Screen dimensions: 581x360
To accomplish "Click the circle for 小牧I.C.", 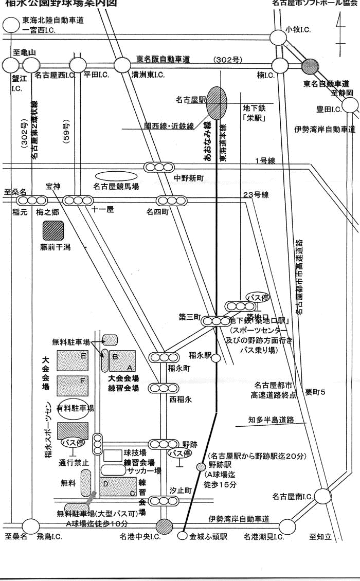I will pyautogui.click(x=279, y=37).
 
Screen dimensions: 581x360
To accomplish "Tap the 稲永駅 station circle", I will pyautogui.click(x=217, y=358).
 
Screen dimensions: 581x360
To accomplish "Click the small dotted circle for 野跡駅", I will pyautogui.click(x=201, y=466).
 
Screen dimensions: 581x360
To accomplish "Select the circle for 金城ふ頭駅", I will pyautogui.click(x=182, y=536).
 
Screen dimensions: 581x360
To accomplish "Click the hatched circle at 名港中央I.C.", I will pyautogui.click(x=165, y=526).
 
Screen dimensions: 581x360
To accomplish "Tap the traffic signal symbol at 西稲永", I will pyautogui.click(x=162, y=388).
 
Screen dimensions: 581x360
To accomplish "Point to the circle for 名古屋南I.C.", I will pyautogui.click(x=322, y=496).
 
